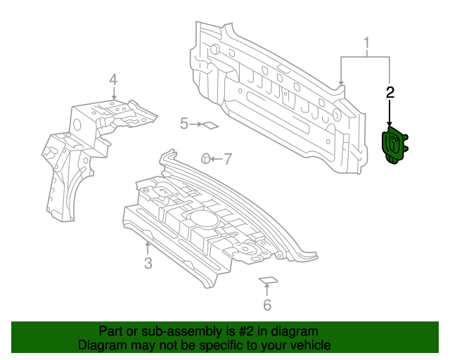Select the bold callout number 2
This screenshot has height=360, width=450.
(390, 91)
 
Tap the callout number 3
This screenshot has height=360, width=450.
(148, 264)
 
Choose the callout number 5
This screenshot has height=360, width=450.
(184, 124)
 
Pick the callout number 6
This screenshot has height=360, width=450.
(267, 305)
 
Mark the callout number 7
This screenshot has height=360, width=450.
(227, 159)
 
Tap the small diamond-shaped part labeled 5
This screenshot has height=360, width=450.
(210, 127)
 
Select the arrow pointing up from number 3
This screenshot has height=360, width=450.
(147, 247)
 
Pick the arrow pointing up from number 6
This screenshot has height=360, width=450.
(267, 290)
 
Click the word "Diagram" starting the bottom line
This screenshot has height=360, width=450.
(101, 345)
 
